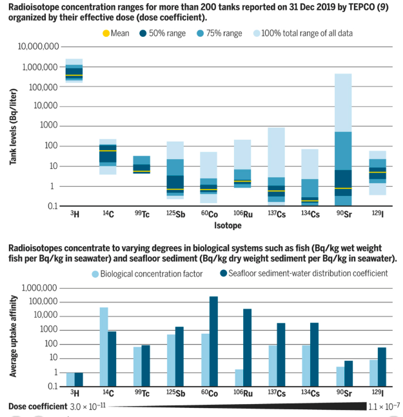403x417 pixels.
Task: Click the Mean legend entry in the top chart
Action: coord(119,32)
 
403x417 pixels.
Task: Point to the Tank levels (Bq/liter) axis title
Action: coord(14,127)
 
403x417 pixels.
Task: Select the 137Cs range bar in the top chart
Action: coord(277,165)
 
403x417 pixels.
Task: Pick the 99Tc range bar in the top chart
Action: coord(141,164)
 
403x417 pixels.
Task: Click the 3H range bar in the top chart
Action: coord(74,70)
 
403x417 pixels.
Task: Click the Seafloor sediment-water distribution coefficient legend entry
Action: coord(304,274)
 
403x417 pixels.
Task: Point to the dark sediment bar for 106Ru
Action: coord(247,347)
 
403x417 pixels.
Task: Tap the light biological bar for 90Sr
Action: coord(340,376)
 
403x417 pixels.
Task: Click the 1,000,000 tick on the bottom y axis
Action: coord(41,288)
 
